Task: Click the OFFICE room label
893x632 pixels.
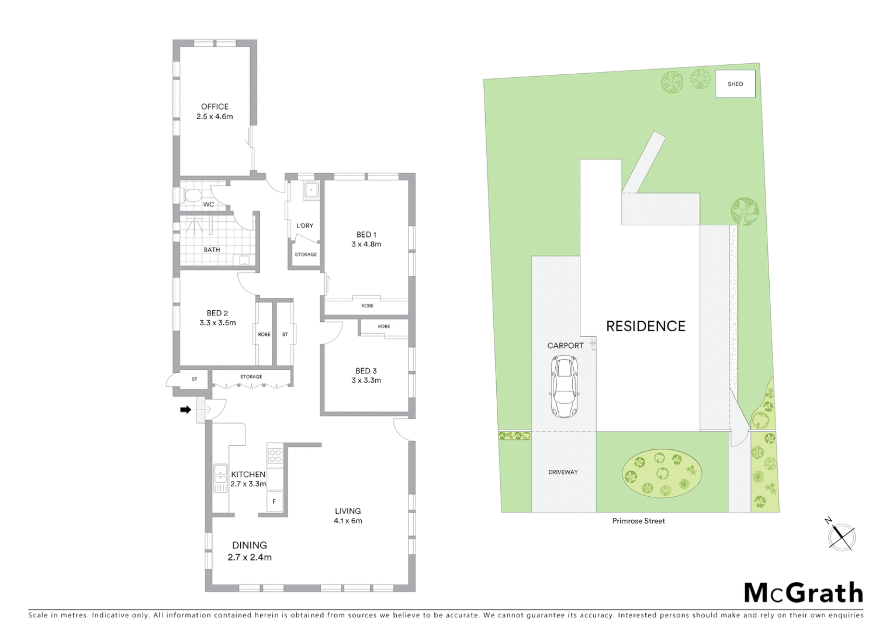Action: pyautogui.click(x=214, y=107)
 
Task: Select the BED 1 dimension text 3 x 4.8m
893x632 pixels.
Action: pyautogui.click(x=366, y=244)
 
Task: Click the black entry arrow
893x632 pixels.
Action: pyautogui.click(x=185, y=410)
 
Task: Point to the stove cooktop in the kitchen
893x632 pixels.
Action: pyautogui.click(x=275, y=455)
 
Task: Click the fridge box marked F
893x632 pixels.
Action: pyautogui.click(x=274, y=502)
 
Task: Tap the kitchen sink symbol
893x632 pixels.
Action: pyautogui.click(x=220, y=478)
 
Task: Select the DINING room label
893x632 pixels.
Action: pyautogui.click(x=250, y=545)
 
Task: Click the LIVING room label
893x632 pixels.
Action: pyautogui.click(x=348, y=511)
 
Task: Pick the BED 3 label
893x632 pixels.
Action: pyautogui.click(x=366, y=370)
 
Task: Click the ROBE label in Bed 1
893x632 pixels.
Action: pyautogui.click(x=367, y=305)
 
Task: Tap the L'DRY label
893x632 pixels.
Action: pyautogui.click(x=304, y=225)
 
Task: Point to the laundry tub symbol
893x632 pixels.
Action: pyautogui.click(x=311, y=190)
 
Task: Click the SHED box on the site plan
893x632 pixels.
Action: pyautogui.click(x=735, y=84)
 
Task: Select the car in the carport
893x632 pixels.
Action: pyautogui.click(x=564, y=386)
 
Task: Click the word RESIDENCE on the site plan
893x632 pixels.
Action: pyautogui.click(x=645, y=326)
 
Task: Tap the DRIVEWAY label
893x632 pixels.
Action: pyautogui.click(x=563, y=472)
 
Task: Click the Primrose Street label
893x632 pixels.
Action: pyautogui.click(x=638, y=521)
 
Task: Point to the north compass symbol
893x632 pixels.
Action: pyautogui.click(x=842, y=535)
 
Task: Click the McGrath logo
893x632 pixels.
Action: pyautogui.click(x=803, y=593)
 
